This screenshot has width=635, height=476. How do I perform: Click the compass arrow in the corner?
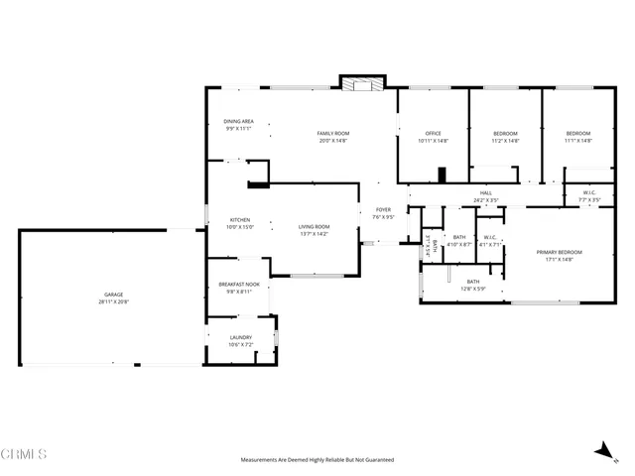pos(602,451)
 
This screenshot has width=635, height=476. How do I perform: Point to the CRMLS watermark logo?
pos(25,454)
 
